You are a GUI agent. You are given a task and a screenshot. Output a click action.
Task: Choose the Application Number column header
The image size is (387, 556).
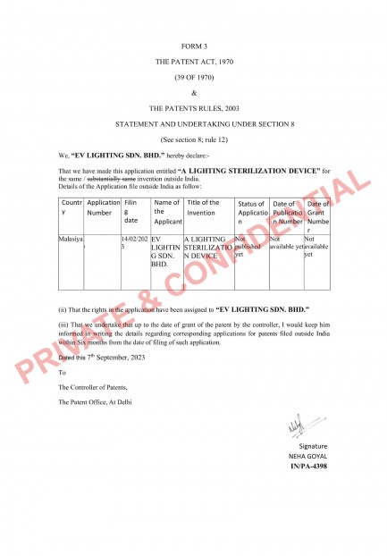103,208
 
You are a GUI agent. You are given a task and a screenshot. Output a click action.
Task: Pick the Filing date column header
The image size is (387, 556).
132,214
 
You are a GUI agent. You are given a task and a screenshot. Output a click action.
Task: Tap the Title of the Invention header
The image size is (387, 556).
202,208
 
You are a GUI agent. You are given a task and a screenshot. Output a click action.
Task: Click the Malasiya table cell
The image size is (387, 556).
71,240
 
